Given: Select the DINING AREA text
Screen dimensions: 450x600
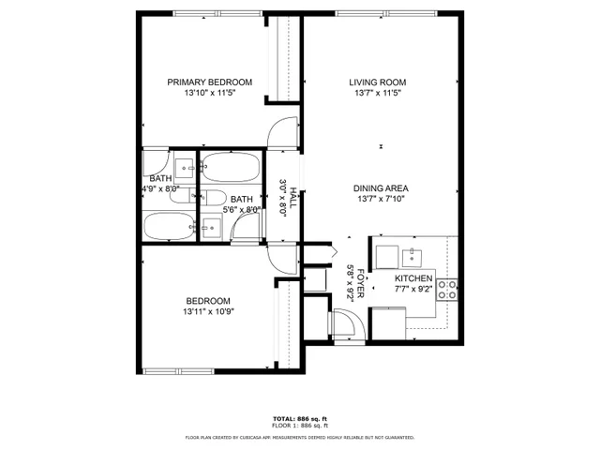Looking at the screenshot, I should pos(381,187).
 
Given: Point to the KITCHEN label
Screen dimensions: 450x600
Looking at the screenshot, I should pos(412,279).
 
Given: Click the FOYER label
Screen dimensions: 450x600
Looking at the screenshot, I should pos(359,280).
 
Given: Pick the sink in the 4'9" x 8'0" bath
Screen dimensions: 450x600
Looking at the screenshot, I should pos(185,169).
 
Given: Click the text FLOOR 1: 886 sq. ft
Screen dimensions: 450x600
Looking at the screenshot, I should pos(299,426).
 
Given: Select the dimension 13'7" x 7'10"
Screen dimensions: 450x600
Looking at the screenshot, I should pos(381,199).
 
